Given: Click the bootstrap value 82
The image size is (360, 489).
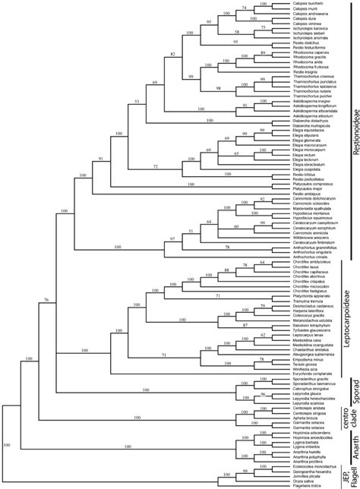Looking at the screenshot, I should (172, 55).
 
